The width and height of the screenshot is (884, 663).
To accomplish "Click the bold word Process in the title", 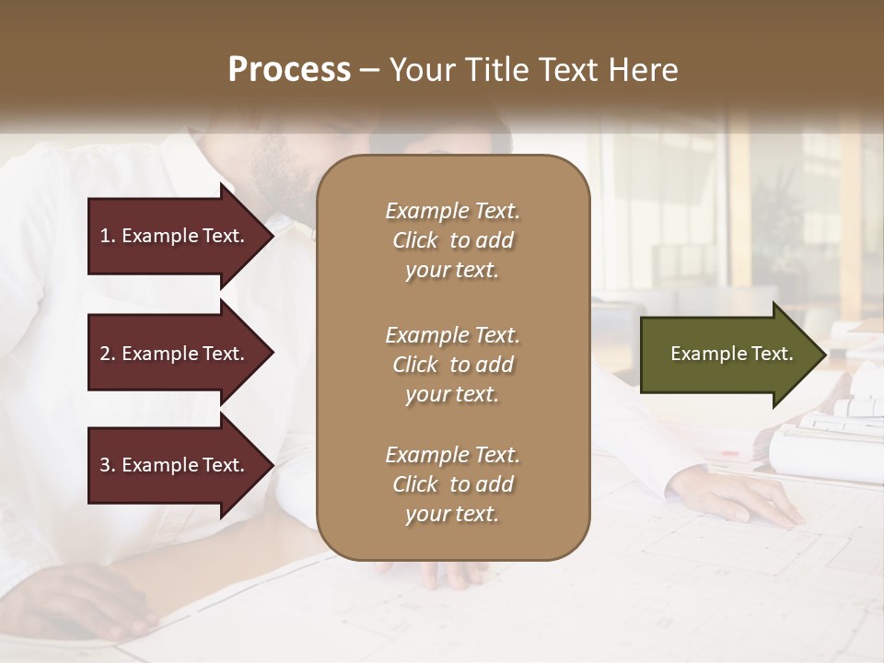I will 289,70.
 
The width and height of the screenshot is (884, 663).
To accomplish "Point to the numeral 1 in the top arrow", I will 105,236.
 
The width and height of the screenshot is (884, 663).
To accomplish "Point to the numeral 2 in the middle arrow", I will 105,354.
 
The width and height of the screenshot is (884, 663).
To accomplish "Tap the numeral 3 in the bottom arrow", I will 105,465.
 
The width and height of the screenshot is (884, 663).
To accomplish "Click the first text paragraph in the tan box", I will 452,240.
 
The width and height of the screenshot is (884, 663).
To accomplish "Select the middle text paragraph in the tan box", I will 452,364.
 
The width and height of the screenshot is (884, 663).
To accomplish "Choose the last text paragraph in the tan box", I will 452,484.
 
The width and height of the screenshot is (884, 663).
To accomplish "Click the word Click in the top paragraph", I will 415,240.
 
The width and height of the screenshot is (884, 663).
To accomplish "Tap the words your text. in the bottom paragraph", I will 452,515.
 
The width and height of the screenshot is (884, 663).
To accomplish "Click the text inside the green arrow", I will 731,354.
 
